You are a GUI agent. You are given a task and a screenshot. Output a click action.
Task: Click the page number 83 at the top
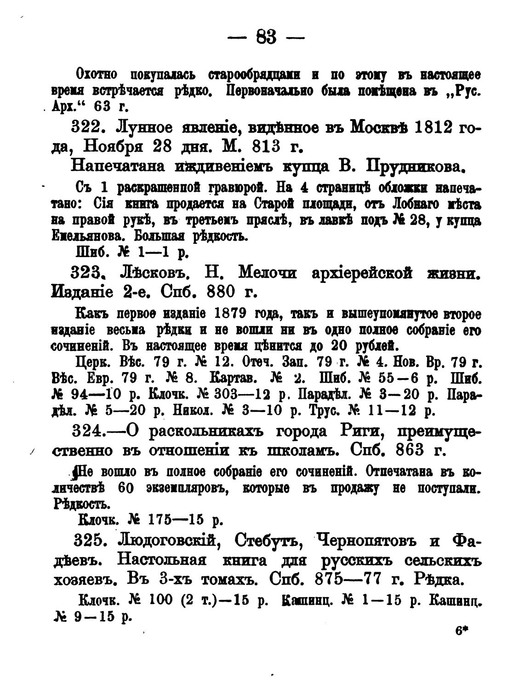click(267, 37)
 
